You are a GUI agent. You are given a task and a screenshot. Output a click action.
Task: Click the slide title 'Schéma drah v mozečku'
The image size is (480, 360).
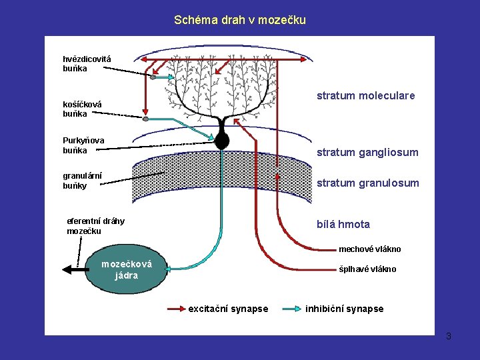click(x=240, y=20)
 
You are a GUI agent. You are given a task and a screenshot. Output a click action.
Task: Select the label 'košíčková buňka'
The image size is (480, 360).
click(x=82, y=109)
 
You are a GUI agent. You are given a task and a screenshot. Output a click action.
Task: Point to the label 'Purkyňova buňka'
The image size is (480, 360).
click(x=83, y=145)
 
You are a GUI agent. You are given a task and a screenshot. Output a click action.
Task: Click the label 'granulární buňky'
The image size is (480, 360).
click(x=82, y=181)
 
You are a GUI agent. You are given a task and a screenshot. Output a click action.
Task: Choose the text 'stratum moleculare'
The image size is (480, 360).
click(x=365, y=96)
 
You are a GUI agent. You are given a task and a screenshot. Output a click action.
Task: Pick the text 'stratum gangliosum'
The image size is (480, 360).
click(x=367, y=153)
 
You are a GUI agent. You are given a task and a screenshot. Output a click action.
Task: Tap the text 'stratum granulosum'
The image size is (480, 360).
click(x=367, y=183)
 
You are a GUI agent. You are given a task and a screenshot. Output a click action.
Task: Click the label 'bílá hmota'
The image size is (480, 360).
click(x=343, y=225)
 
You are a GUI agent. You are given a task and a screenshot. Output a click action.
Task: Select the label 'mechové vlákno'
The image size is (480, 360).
click(x=369, y=249)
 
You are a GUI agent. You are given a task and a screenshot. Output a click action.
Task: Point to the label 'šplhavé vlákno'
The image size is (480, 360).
click(x=367, y=269)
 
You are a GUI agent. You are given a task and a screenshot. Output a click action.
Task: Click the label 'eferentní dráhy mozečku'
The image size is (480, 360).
click(x=95, y=226)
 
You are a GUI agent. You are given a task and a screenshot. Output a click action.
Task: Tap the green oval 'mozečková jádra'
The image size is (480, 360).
click(x=126, y=270)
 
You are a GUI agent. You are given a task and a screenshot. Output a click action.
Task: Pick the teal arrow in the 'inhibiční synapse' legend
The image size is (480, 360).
click(x=291, y=309)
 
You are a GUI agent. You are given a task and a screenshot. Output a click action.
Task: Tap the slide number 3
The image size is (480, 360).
click(x=449, y=336)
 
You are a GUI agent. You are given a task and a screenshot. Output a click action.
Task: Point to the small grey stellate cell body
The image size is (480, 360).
click(x=153, y=77)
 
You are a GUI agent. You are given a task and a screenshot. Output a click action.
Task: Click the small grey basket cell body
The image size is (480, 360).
click(x=146, y=119)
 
